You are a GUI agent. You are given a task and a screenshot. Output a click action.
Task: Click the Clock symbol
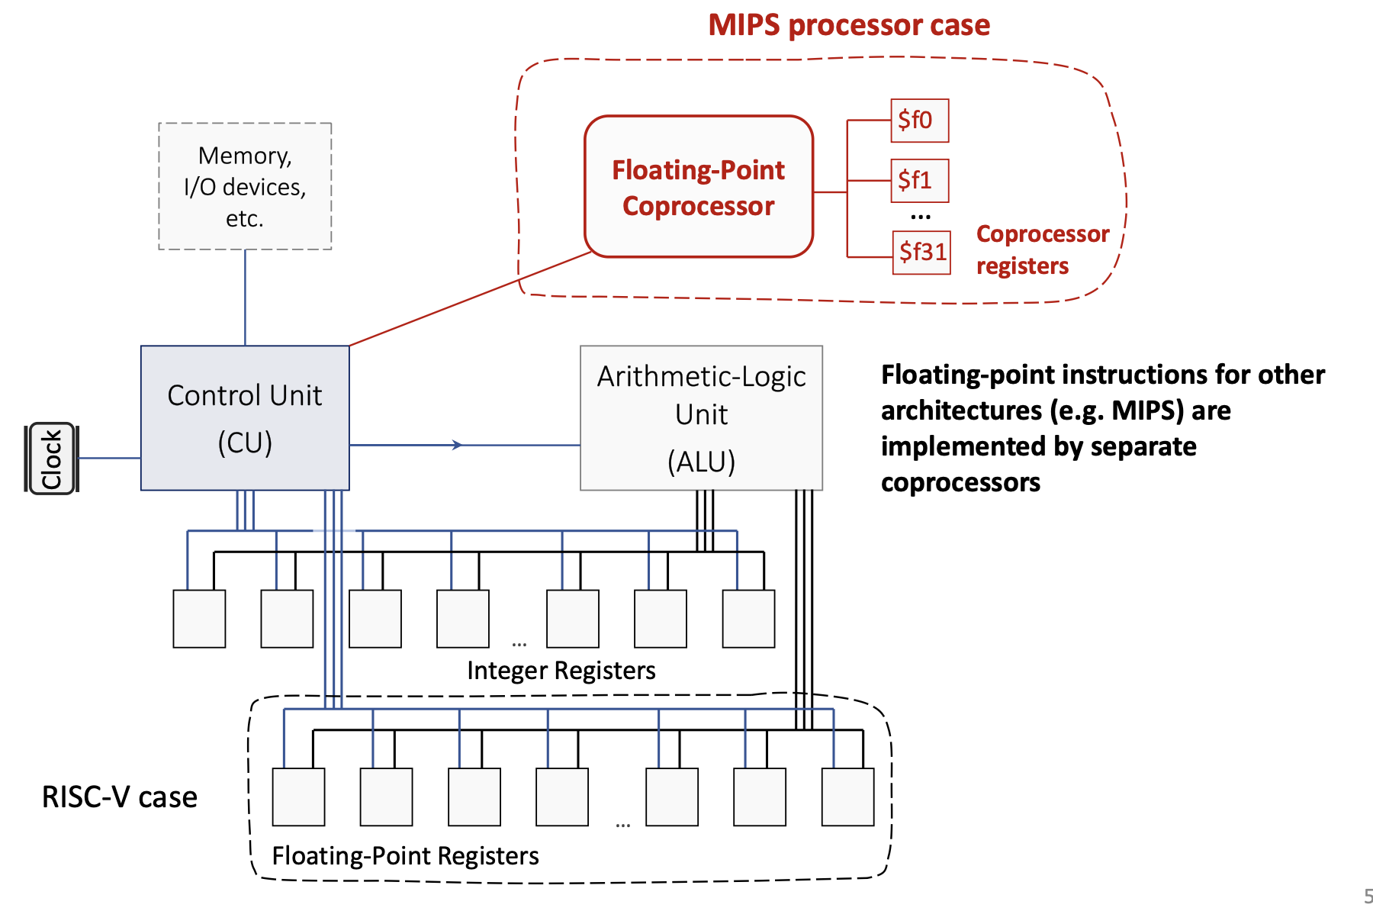pos(52,459)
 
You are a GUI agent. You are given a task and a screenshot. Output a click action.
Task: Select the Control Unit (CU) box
pos(245,418)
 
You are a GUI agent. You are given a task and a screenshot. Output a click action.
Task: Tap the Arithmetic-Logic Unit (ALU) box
pos(701,418)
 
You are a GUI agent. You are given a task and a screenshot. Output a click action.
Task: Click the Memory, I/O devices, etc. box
pos(245,186)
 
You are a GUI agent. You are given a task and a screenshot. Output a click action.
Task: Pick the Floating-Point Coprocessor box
pos(698,187)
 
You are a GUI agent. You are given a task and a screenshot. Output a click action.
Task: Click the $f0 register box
pos(919,121)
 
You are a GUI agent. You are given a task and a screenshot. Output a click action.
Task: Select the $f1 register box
pos(919,181)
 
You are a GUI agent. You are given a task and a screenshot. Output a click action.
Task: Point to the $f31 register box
pos(921,252)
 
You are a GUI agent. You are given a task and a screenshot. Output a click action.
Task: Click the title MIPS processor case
pos(848,25)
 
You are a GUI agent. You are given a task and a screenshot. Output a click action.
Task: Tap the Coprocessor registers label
pos(1042,249)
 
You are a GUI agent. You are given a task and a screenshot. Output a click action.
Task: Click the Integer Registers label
pos(561,670)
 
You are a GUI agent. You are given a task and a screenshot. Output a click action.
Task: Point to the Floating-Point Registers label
pos(405,855)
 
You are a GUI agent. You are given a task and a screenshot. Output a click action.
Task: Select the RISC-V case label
pos(119,797)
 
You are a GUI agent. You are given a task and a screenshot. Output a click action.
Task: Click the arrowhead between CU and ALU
pos(457,445)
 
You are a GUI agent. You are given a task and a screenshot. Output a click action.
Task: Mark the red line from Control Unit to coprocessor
pos(469,298)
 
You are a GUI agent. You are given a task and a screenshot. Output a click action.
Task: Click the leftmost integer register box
pos(199,619)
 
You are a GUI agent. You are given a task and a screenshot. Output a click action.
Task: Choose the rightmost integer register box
pos(748,619)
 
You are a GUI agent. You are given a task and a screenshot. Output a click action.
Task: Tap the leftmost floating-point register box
pos(298,797)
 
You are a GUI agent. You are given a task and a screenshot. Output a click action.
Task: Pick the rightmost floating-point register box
pos(847,797)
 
